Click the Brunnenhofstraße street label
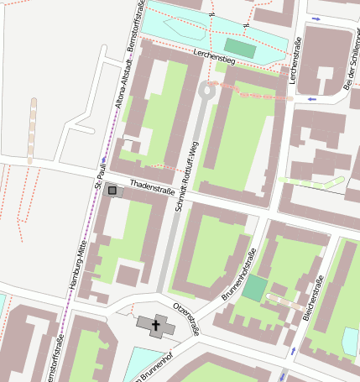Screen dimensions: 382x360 tap(237, 276)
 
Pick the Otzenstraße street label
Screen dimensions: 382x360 tap(186, 319)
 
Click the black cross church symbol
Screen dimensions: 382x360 tap(155, 324)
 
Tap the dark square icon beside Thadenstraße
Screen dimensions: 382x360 tap(112, 191)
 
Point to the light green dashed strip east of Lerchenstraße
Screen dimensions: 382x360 tap(311, 181)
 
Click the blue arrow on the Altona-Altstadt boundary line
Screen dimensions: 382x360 tap(103, 158)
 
